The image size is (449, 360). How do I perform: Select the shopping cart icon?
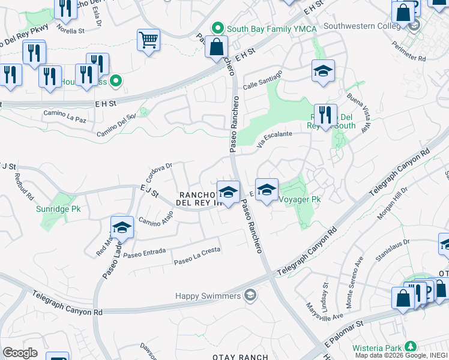point(148,40)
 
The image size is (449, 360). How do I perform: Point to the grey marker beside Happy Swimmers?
point(250,295)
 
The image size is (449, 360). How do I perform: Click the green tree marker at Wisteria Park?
point(411,347)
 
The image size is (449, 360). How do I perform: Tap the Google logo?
point(20,352)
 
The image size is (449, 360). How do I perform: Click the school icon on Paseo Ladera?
point(122,228)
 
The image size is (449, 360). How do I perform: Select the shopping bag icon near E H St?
point(216,47)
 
